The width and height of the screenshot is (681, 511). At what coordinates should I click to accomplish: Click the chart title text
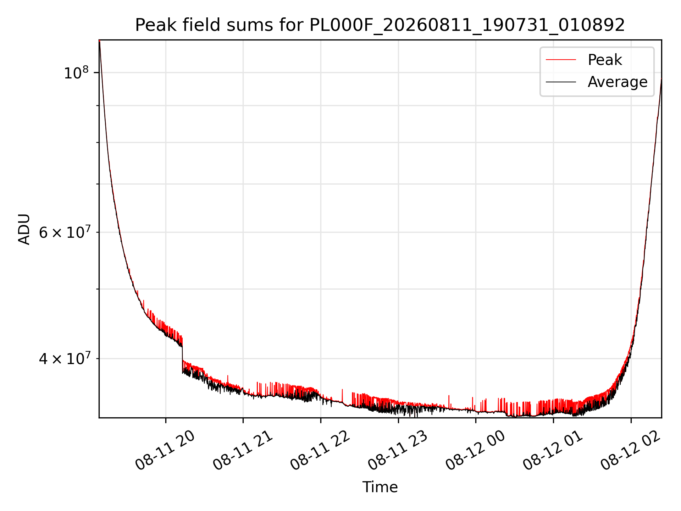tap(380, 25)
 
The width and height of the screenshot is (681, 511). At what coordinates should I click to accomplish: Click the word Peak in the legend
tap(605, 60)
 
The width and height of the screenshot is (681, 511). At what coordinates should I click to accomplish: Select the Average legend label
tap(618, 82)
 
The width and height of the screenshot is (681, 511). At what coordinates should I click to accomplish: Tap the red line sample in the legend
tap(561, 60)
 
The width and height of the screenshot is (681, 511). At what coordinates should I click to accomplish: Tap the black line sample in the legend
tap(561, 82)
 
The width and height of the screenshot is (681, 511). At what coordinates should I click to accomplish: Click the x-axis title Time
tap(380, 487)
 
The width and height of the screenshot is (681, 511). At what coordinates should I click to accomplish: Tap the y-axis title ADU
tap(24, 229)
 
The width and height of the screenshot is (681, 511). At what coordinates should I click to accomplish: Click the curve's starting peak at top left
tap(100, 41)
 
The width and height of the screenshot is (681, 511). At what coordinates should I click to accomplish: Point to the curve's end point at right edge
tap(661, 79)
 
